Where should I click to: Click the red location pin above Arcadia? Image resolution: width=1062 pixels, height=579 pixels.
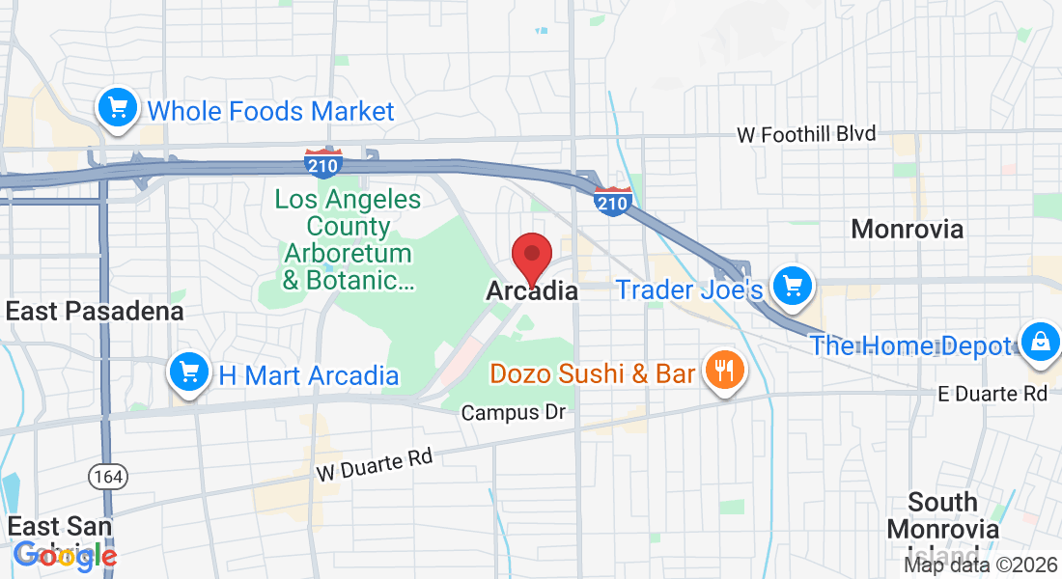[531, 257]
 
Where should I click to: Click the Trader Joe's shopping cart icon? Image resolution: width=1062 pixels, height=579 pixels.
[793, 286]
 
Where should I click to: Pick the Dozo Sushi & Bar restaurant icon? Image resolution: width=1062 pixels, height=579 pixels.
[723, 370]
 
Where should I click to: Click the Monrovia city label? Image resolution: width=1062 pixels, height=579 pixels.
[907, 229]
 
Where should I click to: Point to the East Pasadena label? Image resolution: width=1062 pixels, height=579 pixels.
[95, 312]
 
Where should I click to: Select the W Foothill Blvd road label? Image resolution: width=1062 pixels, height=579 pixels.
[806, 135]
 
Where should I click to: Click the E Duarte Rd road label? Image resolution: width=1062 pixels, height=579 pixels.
[992, 394]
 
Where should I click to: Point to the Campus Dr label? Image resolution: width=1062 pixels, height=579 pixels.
[513, 413]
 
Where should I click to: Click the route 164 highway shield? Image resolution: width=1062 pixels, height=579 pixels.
[104, 475]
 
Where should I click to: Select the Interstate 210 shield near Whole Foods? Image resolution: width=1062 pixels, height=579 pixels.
[322, 163]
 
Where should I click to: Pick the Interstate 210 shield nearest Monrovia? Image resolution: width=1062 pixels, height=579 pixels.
[613, 201]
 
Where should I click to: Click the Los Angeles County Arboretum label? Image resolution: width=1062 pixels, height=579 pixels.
[348, 240]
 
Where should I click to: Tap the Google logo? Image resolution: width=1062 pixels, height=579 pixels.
[66, 555]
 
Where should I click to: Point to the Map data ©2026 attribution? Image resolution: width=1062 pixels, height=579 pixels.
[979, 565]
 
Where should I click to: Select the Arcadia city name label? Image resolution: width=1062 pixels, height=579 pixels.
[532, 290]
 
